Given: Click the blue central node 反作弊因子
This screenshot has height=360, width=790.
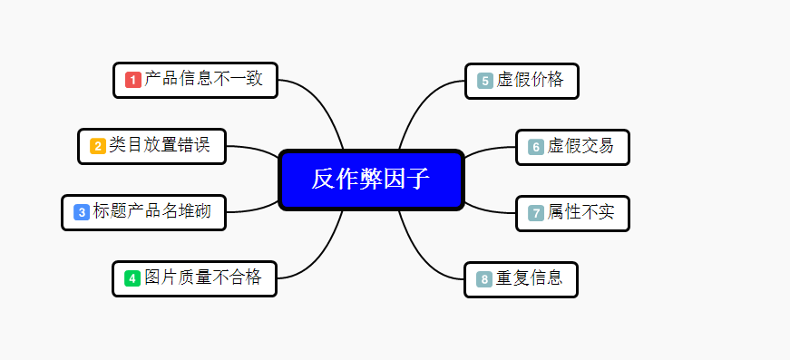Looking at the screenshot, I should pos(371,180).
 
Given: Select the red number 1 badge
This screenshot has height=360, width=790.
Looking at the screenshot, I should pos(132,80).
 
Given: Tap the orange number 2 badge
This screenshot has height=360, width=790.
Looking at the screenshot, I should pos(97,146).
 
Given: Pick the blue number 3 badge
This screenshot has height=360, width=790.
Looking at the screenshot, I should pos(81,212).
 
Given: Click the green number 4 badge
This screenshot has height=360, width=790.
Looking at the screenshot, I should pos(132,278).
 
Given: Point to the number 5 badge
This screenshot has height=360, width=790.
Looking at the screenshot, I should pos(484,81).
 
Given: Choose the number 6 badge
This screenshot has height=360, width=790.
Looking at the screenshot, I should pos(535,147).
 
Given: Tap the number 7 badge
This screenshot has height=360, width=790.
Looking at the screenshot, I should pos(535,213).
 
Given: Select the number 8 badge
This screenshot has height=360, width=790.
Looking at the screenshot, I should pos(483,279).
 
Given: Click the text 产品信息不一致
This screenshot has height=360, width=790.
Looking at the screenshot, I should pos(204,79).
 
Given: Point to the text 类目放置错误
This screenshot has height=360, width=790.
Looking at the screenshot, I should pos(160,145).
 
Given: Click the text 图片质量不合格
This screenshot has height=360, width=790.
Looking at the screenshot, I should pos(203,277).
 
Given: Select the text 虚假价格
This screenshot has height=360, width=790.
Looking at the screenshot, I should pos(530,80).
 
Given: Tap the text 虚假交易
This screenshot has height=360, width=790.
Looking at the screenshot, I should pos(580,146).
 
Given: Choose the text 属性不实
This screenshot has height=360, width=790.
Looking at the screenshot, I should pos(580,212).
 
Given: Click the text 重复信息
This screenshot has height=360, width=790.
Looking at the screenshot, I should pos(529,278).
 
